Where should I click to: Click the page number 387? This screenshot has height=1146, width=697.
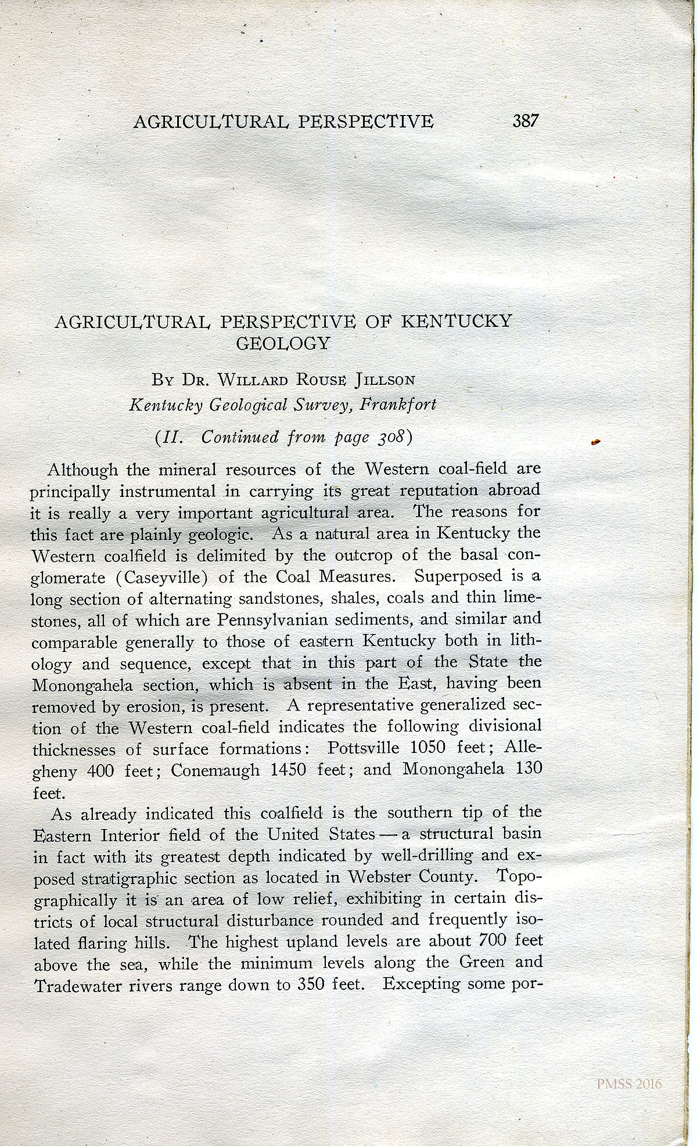click(526, 121)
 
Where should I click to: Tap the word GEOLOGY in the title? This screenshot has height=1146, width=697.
click(283, 343)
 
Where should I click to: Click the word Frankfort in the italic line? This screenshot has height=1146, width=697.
click(398, 404)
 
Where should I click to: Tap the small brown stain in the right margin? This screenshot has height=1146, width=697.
click(594, 442)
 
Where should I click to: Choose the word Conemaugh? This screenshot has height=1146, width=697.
click(215, 770)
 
